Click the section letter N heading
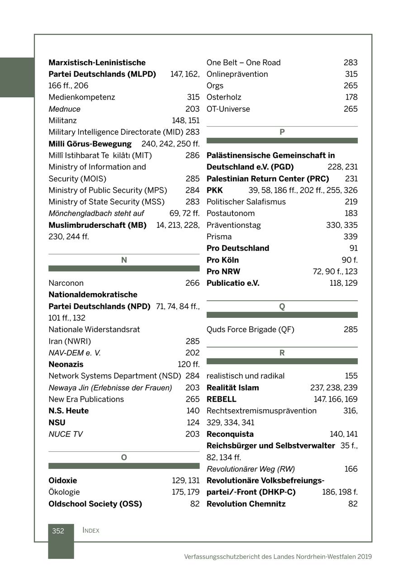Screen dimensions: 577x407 (124, 260)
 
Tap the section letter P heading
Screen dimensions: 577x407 (282, 132)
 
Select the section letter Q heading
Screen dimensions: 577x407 (282, 307)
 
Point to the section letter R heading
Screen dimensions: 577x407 (282, 353)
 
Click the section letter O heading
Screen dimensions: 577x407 (124, 458)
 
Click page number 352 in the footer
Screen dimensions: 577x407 (58, 531)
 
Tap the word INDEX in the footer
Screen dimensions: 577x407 (91, 530)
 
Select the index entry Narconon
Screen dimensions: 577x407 (66, 283)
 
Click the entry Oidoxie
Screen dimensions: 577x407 (62, 481)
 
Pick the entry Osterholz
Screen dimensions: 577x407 (224, 97)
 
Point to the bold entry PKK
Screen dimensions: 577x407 (215, 190)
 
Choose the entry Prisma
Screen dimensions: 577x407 (219, 236)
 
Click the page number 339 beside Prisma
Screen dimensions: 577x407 (350, 236)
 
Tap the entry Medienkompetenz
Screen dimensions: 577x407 (82, 97)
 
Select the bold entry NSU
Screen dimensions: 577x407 (57, 422)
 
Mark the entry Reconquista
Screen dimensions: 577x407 (230, 434)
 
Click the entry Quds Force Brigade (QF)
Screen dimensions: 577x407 (250, 330)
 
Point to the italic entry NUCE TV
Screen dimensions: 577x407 (66, 434)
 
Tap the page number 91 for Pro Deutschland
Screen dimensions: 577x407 (353, 248)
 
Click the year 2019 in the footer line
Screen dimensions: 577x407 (364, 557)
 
